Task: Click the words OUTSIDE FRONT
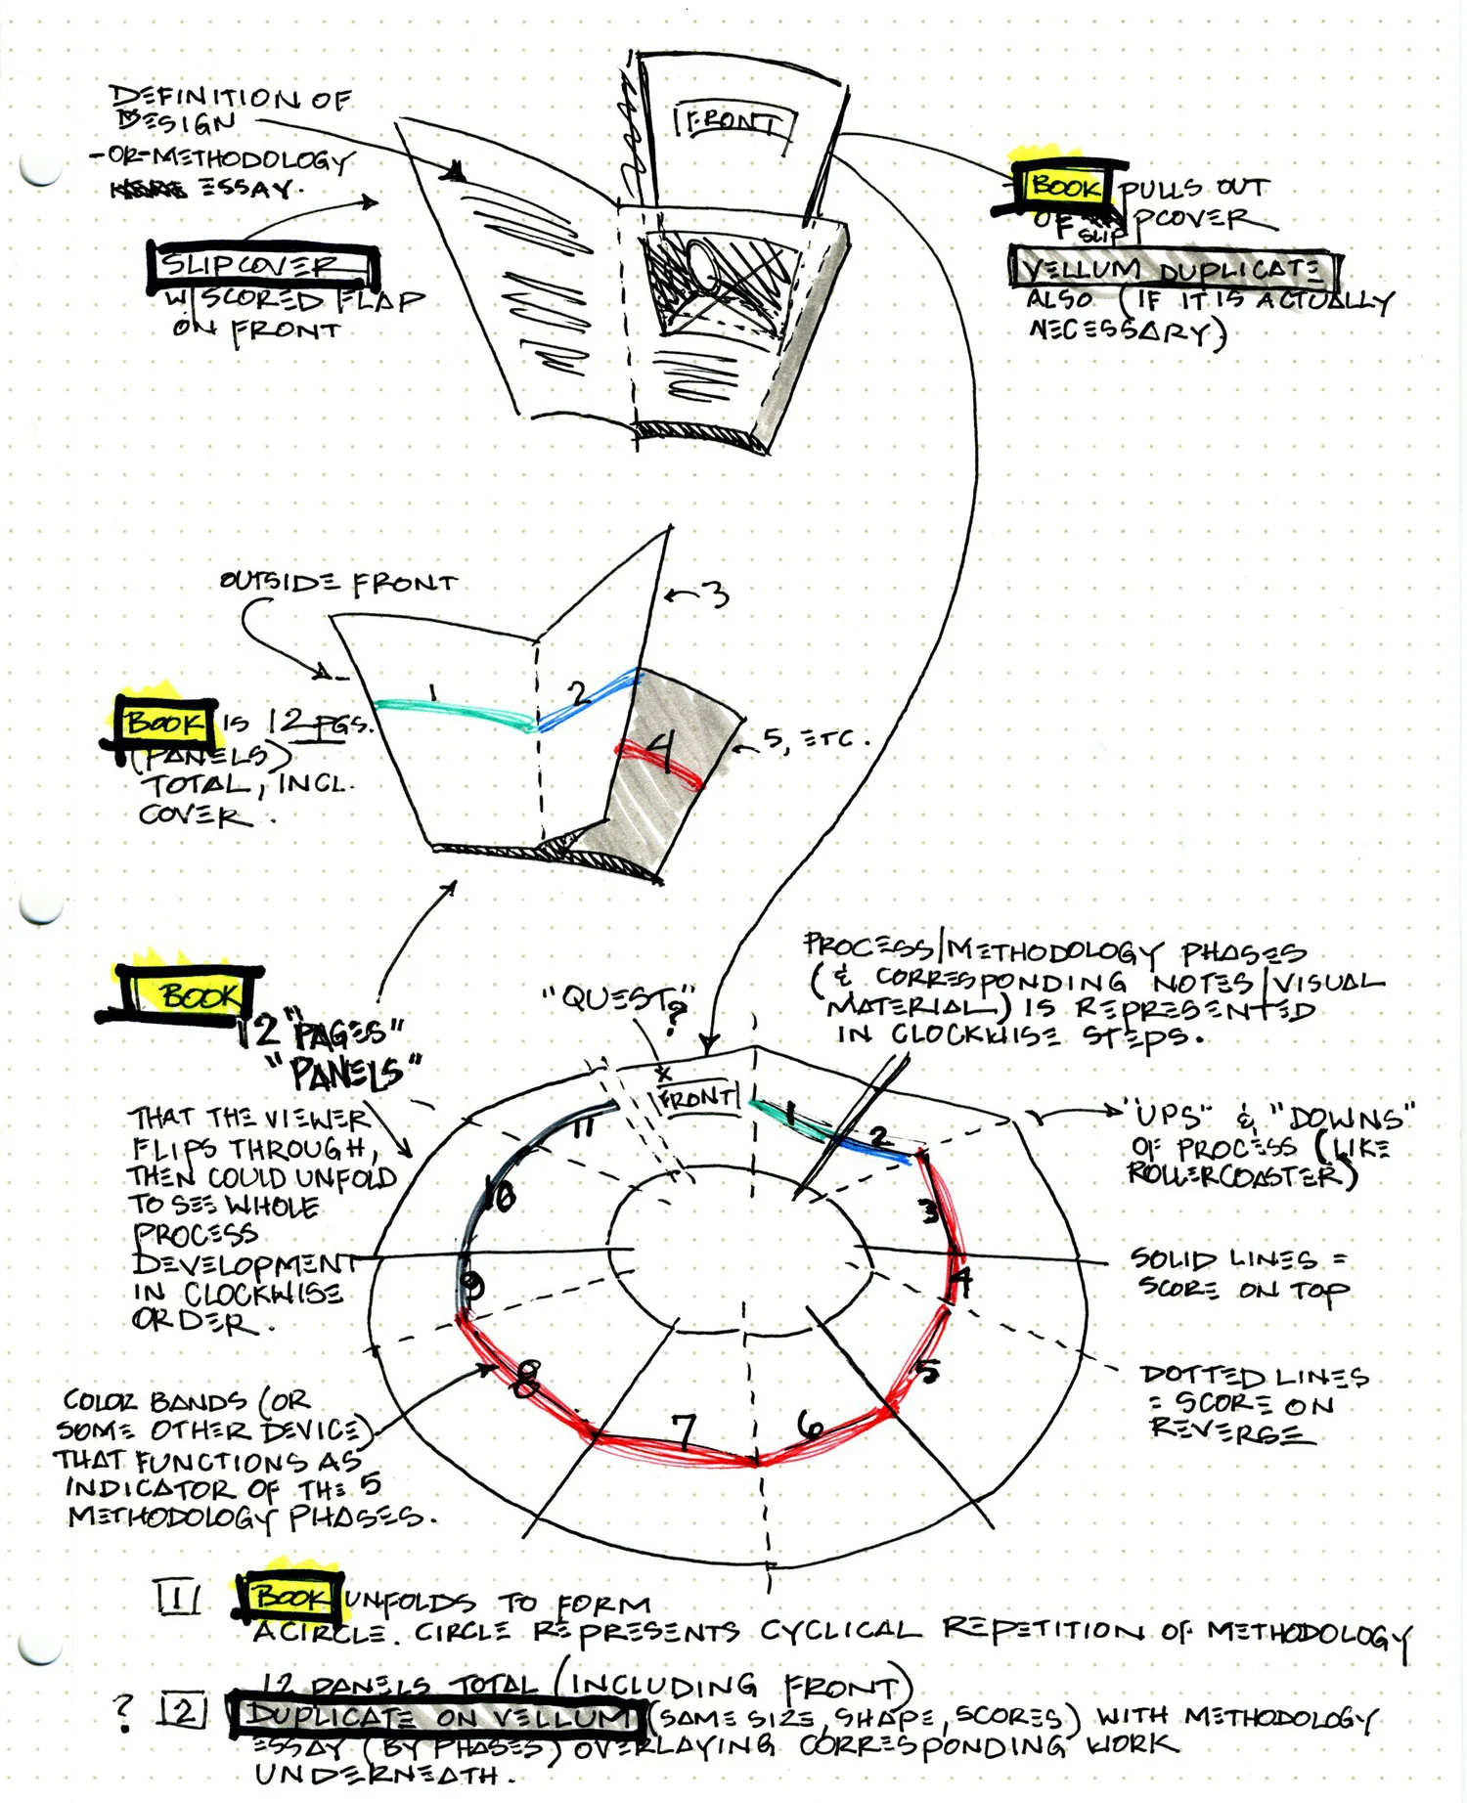point(338,583)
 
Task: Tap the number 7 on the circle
point(684,1429)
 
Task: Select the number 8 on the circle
point(525,1379)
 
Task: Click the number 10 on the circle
point(503,1195)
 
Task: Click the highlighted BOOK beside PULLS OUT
point(1066,186)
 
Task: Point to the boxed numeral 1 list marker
point(178,1598)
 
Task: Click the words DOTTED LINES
point(1254,1377)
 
